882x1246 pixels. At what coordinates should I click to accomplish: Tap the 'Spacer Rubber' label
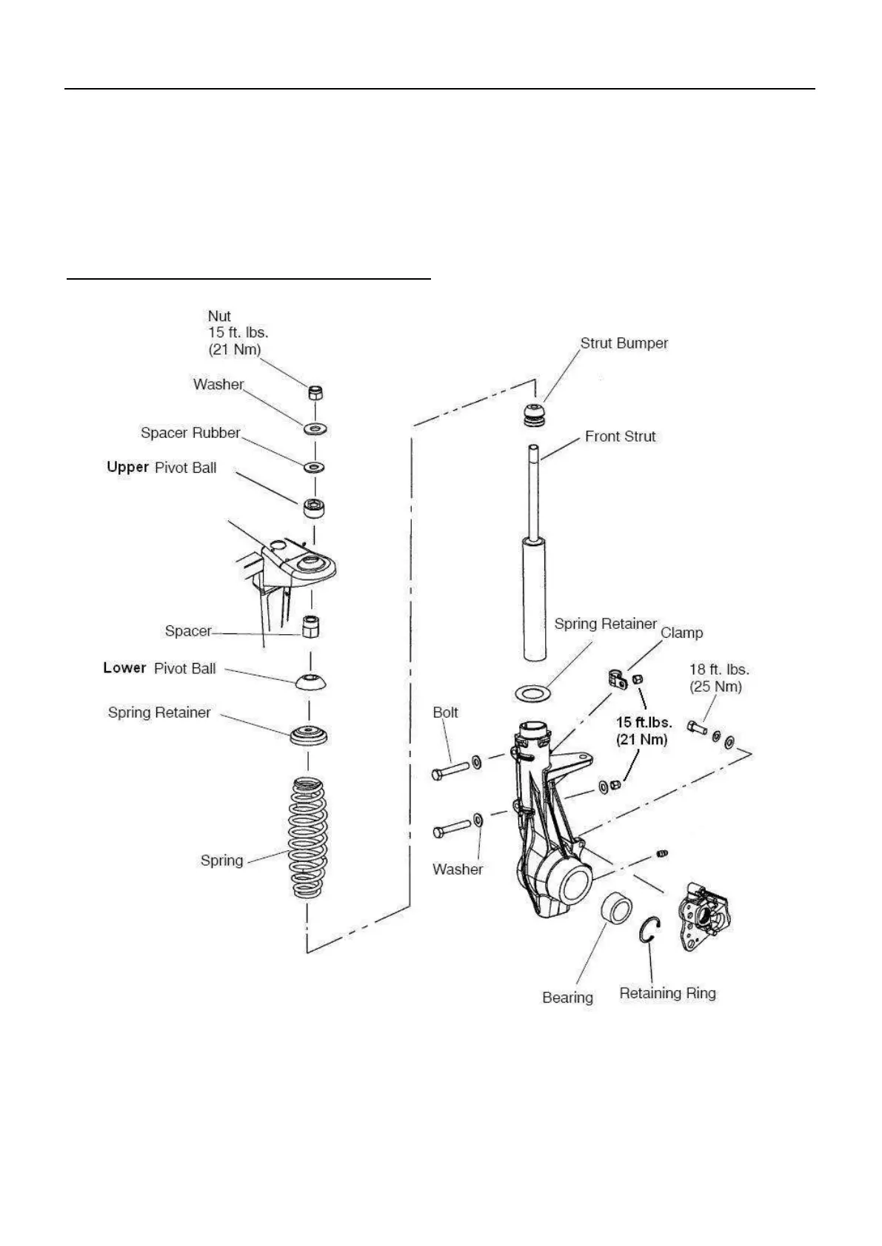click(190, 433)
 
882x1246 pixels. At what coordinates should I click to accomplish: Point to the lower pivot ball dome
click(310, 681)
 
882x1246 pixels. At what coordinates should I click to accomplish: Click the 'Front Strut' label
click(620, 437)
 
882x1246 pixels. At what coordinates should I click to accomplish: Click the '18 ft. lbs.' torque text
click(718, 670)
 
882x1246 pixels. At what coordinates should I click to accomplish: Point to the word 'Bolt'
click(445, 713)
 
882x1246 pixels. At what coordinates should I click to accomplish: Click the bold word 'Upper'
click(127, 467)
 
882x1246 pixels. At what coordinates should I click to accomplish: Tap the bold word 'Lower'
click(124, 667)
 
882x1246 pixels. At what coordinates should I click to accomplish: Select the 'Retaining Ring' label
click(667, 993)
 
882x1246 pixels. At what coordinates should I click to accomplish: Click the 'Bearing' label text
click(567, 997)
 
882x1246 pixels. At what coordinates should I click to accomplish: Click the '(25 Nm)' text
click(715, 687)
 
